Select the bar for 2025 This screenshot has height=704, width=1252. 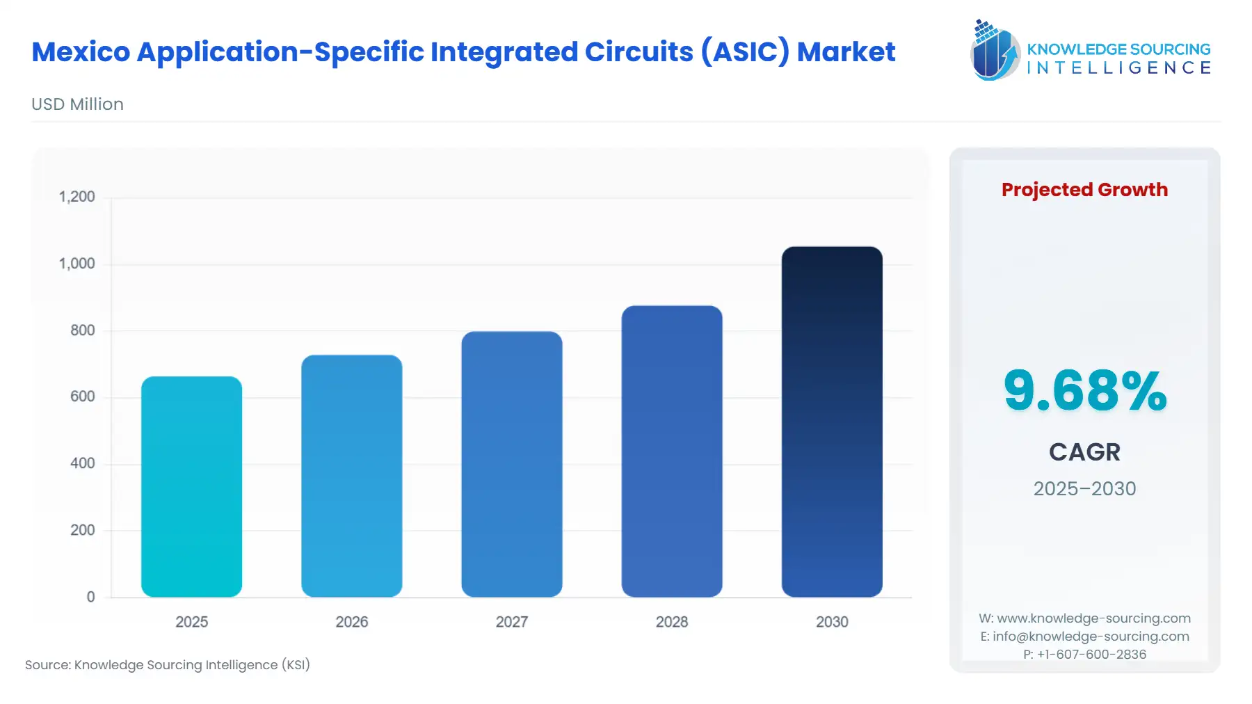[x=191, y=487]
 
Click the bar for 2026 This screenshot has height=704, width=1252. [x=351, y=477]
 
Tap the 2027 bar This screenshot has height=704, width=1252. [x=511, y=465]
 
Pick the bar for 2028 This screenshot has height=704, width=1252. [x=671, y=451]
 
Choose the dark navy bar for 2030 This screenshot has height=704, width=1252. [x=831, y=422]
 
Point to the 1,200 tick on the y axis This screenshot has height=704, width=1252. [x=77, y=197]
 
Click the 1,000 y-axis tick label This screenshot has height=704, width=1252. [x=77, y=264]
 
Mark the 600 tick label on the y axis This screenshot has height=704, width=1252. [x=82, y=397]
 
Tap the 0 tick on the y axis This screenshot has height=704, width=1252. [x=90, y=597]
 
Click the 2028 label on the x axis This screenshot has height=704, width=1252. [x=671, y=622]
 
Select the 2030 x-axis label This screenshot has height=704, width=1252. [x=831, y=622]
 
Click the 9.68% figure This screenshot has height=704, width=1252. [x=1084, y=391]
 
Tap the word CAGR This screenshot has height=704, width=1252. [x=1084, y=452]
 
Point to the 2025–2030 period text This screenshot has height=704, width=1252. [x=1084, y=488]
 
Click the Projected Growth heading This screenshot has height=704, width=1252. [x=1084, y=190]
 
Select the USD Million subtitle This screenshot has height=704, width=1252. [x=77, y=104]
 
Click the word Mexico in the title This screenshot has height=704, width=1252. [x=81, y=52]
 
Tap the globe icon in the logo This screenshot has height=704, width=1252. [x=995, y=50]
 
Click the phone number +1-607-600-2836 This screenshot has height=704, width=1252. [x=1091, y=655]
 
